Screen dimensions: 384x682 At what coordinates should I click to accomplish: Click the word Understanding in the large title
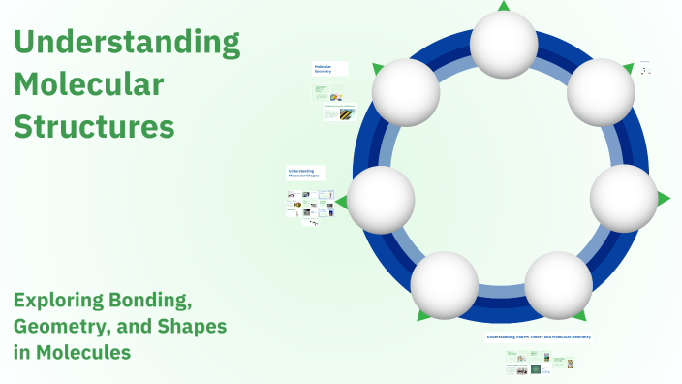click(127, 43)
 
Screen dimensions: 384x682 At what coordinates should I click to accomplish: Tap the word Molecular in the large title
click(88, 84)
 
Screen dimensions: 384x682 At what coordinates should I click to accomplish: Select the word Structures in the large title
click(94, 126)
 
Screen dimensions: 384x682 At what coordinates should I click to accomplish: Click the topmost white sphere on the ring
click(504, 44)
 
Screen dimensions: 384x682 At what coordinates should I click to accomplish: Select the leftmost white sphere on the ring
click(381, 200)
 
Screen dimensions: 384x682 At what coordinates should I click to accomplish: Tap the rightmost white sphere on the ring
click(624, 198)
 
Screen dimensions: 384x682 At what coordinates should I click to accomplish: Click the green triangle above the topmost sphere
click(504, 6)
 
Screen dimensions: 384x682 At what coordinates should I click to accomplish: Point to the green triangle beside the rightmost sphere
click(664, 199)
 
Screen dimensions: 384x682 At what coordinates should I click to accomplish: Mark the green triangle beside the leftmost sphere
click(341, 201)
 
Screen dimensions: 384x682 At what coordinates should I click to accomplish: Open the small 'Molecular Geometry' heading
click(323, 69)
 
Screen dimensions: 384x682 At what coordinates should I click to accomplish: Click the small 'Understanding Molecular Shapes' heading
click(306, 173)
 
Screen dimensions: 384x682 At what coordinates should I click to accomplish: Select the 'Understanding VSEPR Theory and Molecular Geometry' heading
click(539, 337)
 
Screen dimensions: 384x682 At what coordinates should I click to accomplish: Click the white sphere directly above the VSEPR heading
click(558, 285)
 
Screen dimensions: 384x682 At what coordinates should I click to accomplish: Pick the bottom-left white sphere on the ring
click(445, 285)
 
